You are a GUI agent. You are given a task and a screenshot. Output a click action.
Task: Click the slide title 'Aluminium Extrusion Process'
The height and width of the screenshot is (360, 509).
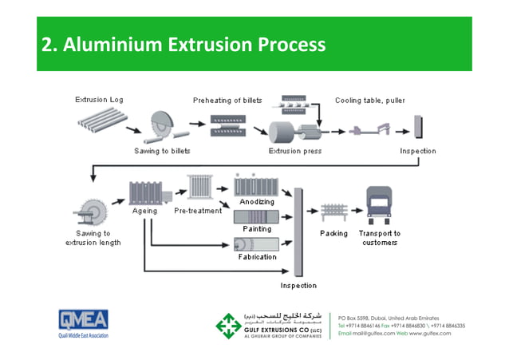pyautogui.click(x=183, y=45)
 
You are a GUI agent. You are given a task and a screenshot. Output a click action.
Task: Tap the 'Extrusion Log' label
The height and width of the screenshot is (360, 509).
pyautogui.click(x=99, y=101)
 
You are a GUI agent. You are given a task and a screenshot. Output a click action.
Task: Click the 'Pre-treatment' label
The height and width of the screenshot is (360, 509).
pyautogui.click(x=198, y=212)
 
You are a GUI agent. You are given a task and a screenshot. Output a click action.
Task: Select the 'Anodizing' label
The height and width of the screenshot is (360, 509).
pyautogui.click(x=255, y=202)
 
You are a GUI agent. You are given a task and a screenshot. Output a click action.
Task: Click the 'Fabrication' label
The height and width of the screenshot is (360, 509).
pyautogui.click(x=257, y=257)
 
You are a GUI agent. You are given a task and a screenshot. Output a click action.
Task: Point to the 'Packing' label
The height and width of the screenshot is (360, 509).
pyautogui.click(x=333, y=233)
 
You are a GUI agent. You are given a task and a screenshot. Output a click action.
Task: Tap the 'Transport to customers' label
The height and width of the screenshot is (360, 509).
pyautogui.click(x=380, y=238)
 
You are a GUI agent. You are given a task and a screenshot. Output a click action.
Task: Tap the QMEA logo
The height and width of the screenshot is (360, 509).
pyautogui.click(x=83, y=320)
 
